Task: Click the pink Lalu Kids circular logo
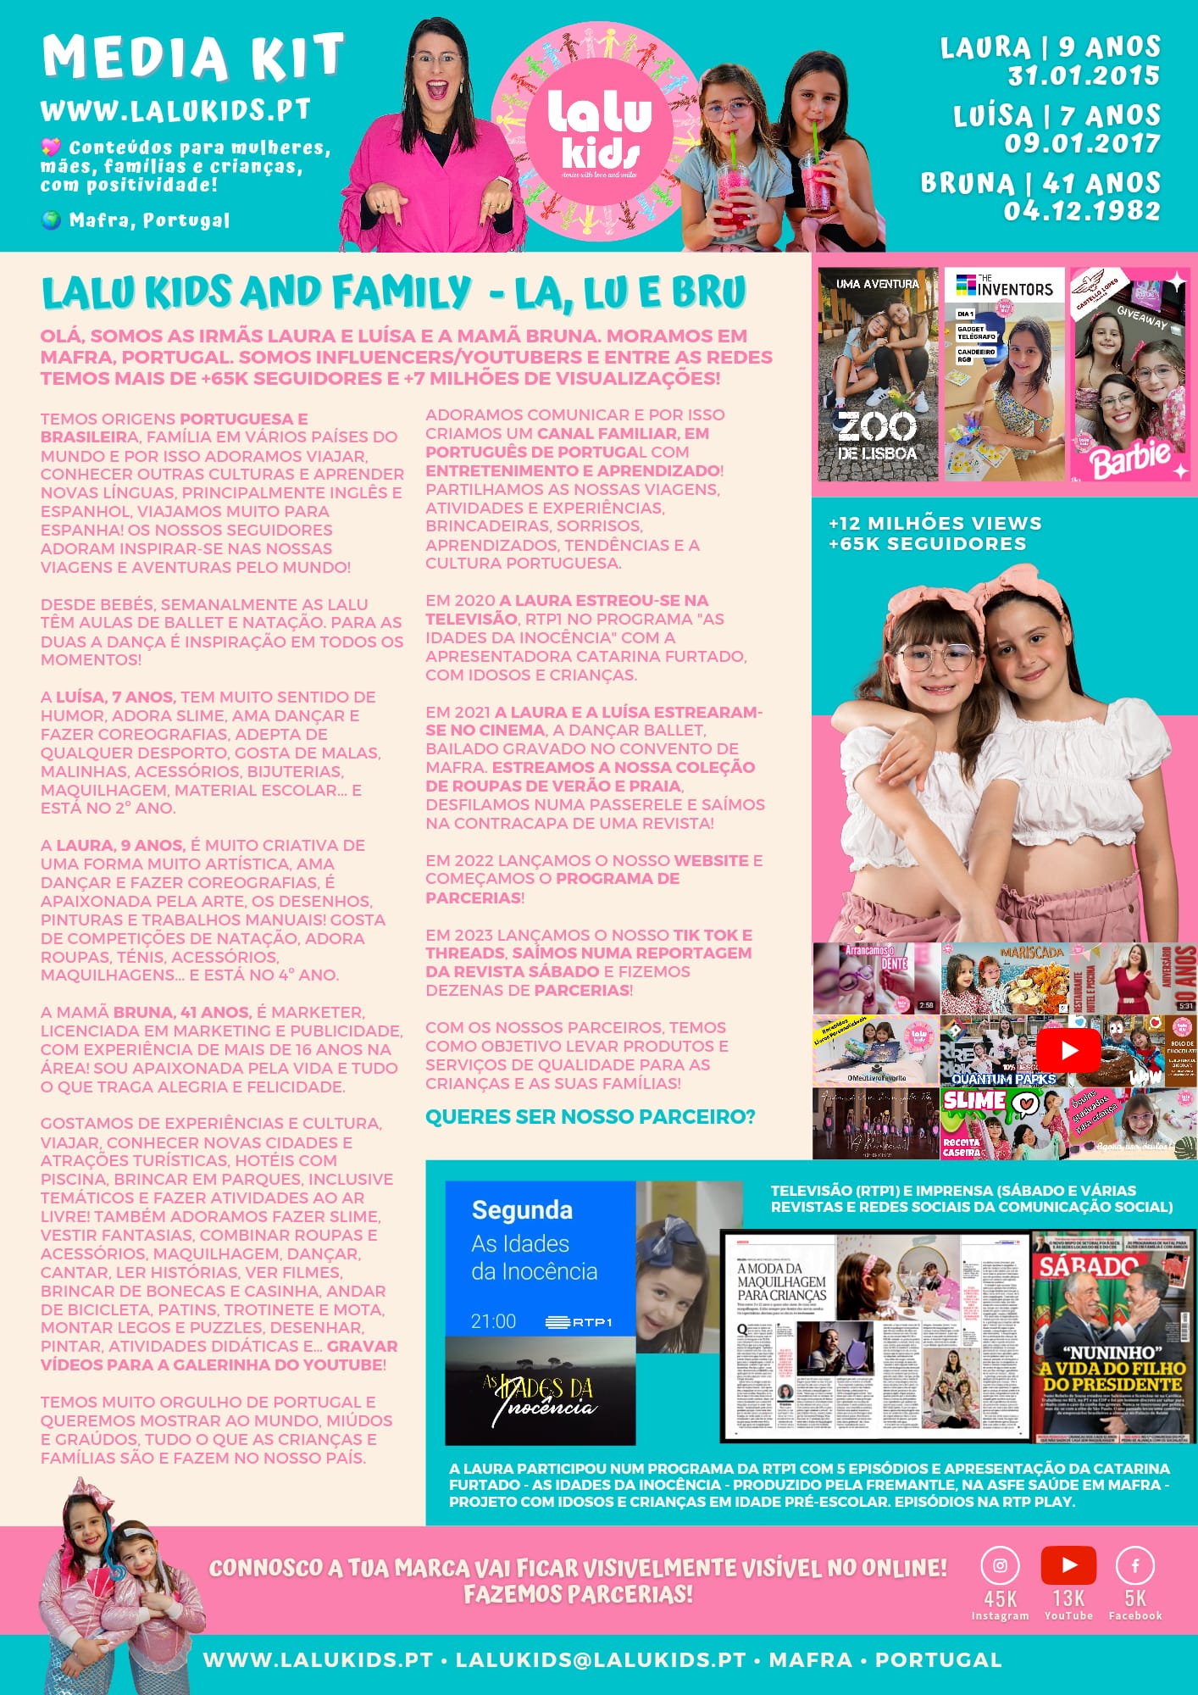coord(599,132)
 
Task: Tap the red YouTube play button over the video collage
coord(1068,1050)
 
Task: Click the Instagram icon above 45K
coord(1000,1565)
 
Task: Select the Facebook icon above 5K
coord(1135,1565)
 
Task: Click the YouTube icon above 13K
coord(1068,1565)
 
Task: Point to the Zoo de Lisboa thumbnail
coord(878,375)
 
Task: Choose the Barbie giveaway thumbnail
coord(1129,375)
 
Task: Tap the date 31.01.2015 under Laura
coord(1083,75)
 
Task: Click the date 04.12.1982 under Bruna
coord(1081,210)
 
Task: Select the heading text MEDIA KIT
coord(193,58)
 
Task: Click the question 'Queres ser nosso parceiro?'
coord(590,1117)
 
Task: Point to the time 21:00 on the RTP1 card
coord(493,1321)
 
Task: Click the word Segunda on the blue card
coord(522,1209)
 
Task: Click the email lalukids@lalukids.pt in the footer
coord(600,1659)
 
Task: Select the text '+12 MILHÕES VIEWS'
coord(935,523)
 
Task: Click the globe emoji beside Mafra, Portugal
coord(51,220)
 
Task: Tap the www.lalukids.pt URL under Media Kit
coord(175,110)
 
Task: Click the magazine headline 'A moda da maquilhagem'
coord(781,1281)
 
